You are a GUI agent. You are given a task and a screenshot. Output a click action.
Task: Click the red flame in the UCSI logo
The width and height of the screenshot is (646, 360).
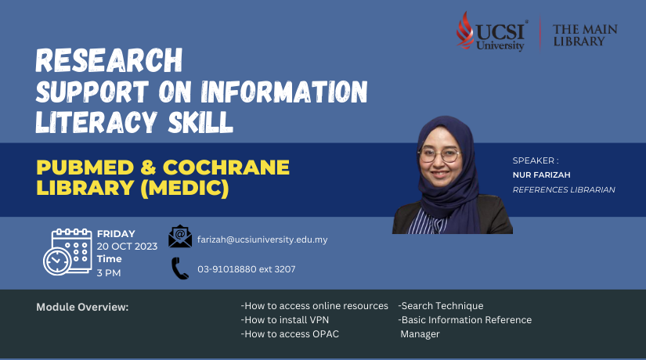[x=465, y=31]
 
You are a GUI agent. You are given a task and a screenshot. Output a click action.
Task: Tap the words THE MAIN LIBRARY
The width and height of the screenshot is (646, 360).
[x=585, y=35]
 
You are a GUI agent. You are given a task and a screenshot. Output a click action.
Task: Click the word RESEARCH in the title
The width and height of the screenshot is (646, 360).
[x=109, y=60]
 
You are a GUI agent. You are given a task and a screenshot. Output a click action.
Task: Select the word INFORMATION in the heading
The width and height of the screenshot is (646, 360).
[x=284, y=92]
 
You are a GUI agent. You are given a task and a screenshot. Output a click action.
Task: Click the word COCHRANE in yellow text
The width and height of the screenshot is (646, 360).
[x=226, y=167]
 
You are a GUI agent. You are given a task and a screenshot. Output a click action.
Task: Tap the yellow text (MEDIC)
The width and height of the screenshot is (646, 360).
[x=185, y=188]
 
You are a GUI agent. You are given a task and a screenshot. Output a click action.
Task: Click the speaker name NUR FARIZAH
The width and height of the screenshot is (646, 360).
[x=541, y=175]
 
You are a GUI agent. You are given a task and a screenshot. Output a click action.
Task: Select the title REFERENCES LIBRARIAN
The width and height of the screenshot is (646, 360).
[x=564, y=189]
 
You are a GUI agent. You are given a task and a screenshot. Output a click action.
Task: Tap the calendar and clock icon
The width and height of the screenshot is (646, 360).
[x=67, y=251]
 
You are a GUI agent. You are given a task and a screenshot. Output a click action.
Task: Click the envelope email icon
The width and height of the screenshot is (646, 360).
[x=180, y=236]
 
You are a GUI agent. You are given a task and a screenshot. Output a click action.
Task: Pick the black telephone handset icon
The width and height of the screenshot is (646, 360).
[x=180, y=268]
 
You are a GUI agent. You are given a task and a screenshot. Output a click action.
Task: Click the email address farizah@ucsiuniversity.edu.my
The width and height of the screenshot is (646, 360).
[x=262, y=239]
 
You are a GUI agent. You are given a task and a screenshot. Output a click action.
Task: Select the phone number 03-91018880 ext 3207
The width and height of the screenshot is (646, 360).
[x=247, y=269]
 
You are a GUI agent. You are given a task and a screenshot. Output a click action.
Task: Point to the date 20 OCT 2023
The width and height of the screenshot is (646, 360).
[x=127, y=247]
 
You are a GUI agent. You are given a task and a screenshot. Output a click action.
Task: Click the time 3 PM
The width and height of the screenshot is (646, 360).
[x=109, y=272]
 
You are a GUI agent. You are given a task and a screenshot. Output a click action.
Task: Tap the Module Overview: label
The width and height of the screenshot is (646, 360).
[x=82, y=308]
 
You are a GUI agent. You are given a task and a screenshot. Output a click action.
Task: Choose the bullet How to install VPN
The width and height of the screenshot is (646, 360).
[x=285, y=320]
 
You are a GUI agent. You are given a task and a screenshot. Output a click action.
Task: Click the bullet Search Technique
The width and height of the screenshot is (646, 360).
[x=441, y=306]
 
